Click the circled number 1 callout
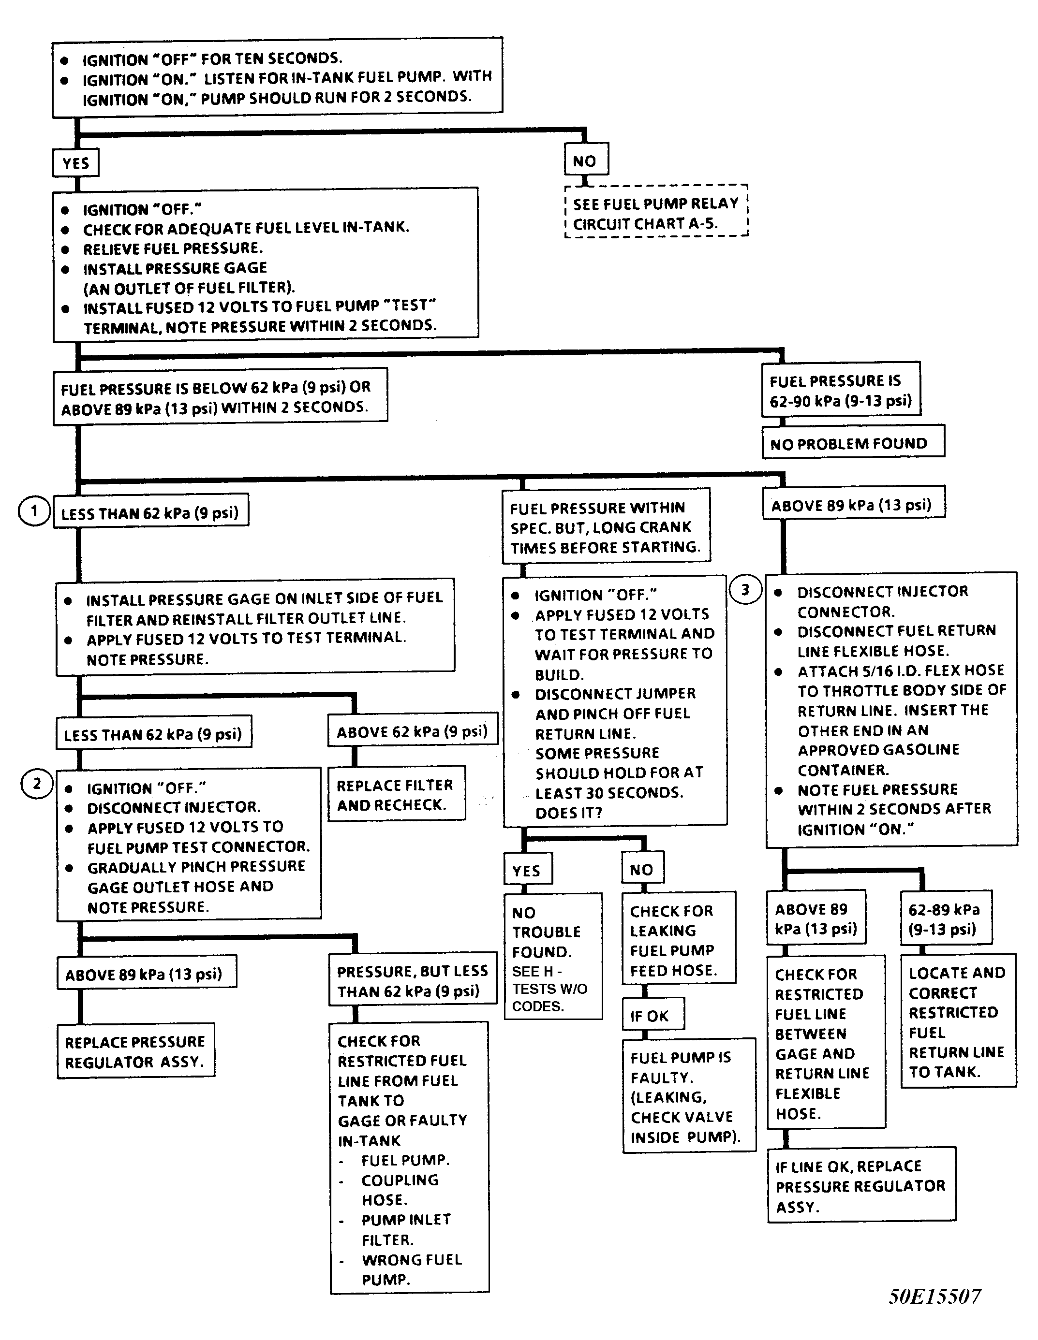[x=34, y=510]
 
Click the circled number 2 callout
[x=37, y=784]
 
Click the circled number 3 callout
[x=745, y=590]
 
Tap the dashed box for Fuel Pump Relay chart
[x=655, y=212]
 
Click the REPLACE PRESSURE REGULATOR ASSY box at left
[x=135, y=1051]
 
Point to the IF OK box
[x=652, y=1016]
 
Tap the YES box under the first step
[x=75, y=163]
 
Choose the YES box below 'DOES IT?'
[x=527, y=870]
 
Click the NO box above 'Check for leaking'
[x=642, y=869]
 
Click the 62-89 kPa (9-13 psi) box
[x=945, y=918]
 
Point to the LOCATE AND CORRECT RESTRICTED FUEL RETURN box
[x=958, y=1021]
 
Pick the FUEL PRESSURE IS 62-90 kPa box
[x=840, y=390]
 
